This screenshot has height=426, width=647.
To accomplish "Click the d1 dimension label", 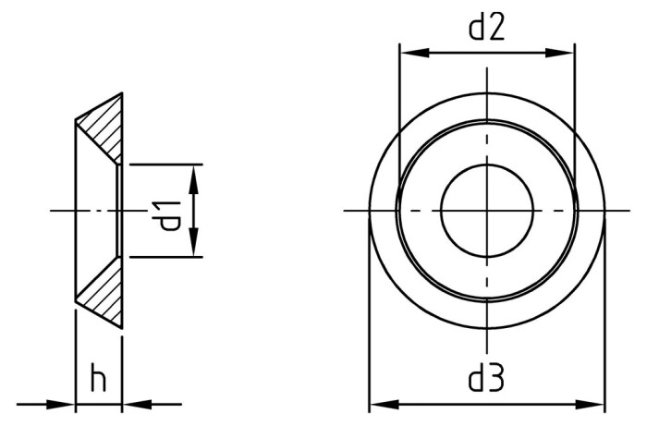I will pos(169,212).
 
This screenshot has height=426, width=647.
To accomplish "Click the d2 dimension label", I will pos(486,29).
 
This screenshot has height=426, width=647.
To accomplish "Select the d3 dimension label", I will pos(486,379).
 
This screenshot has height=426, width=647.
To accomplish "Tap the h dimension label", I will pos(97,379).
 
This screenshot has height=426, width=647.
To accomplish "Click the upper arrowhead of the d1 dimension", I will pos(193,178).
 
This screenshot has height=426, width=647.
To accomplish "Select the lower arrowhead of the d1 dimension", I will pos(193,244).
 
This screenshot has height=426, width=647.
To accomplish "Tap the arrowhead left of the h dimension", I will pos(61,403).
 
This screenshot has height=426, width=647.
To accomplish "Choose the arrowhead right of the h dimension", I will pos(136,403).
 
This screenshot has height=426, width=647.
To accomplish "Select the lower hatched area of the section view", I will pos(104,294).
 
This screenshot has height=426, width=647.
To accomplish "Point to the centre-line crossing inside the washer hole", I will pos(486,211).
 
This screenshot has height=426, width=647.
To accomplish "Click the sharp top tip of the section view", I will pos(121,93).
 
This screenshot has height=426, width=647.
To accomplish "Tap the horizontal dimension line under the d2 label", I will pos(486,53).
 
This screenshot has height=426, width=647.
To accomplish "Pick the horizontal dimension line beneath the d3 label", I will pos(486,404).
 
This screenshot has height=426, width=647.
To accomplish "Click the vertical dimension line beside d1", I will pos(193,212).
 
